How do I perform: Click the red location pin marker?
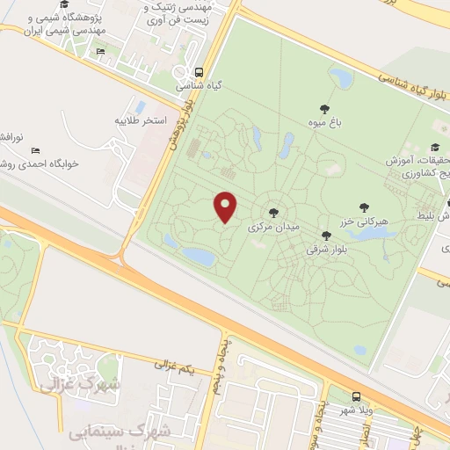click(x=226, y=207)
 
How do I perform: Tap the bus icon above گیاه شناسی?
click(x=200, y=73)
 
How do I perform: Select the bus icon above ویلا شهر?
click(x=355, y=396)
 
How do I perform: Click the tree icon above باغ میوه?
click(x=324, y=110)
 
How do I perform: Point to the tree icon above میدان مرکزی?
click(x=273, y=213)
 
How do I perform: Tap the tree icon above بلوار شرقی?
click(x=326, y=236)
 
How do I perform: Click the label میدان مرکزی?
click(x=274, y=227)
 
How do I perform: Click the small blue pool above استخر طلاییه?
click(x=141, y=105)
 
